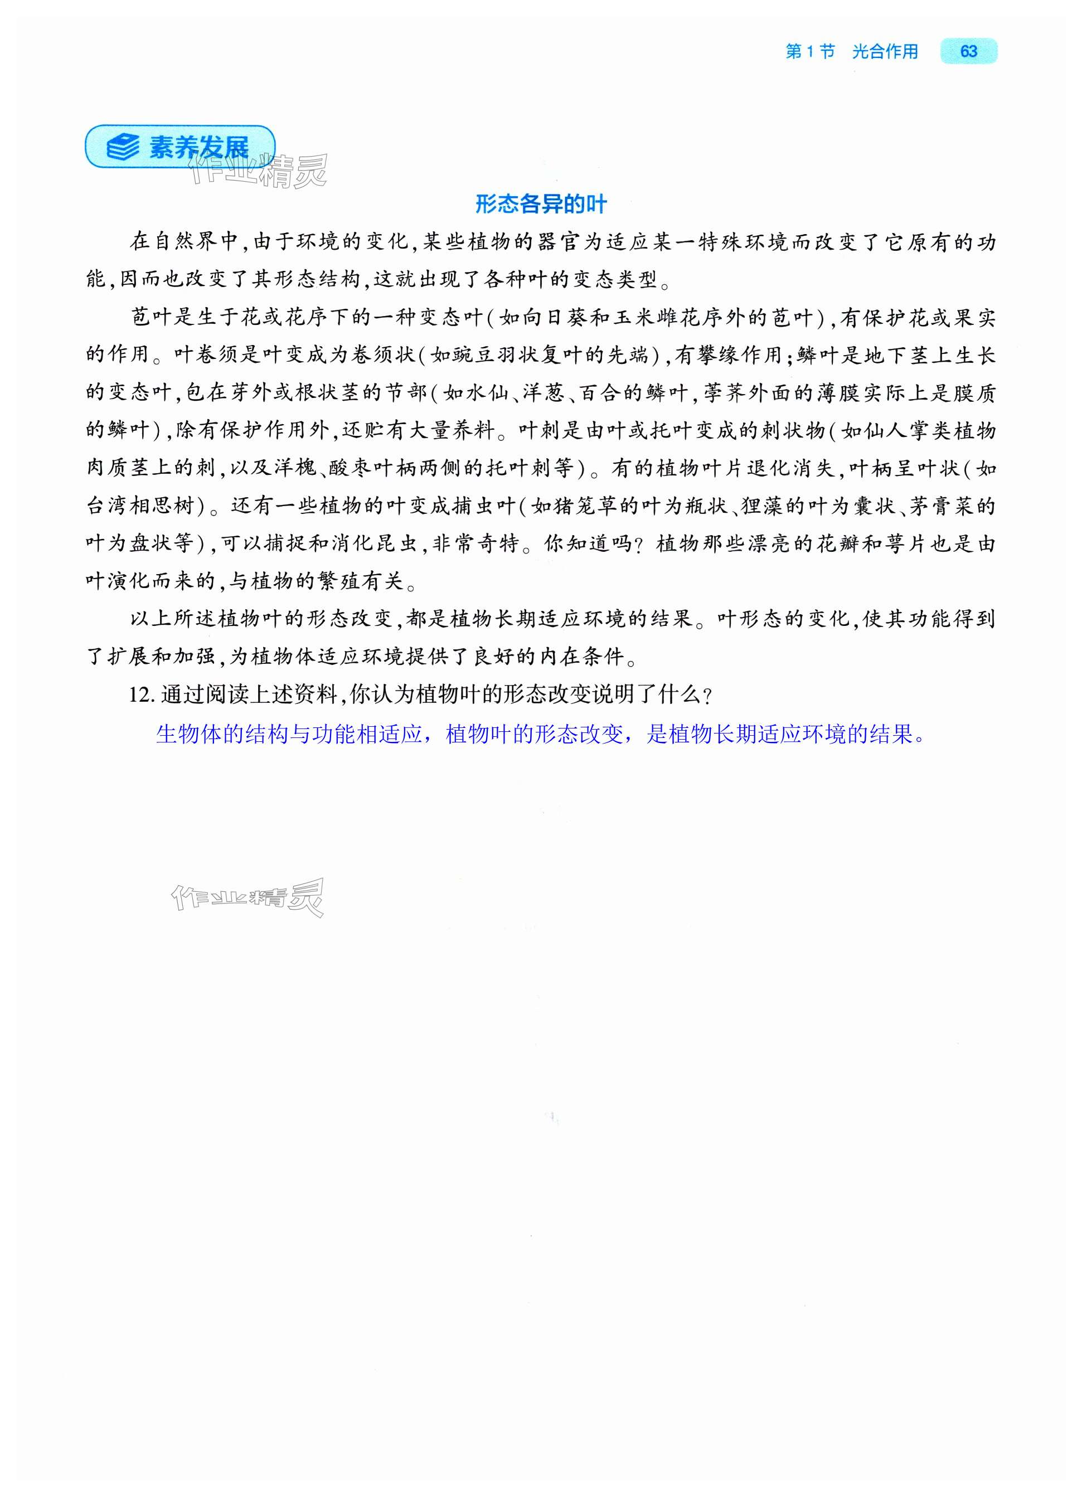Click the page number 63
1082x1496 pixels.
pos(968,51)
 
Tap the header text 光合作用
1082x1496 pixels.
pos(884,51)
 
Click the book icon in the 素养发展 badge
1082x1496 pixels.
pos(123,147)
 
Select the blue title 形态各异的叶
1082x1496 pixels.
pos(540,205)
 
